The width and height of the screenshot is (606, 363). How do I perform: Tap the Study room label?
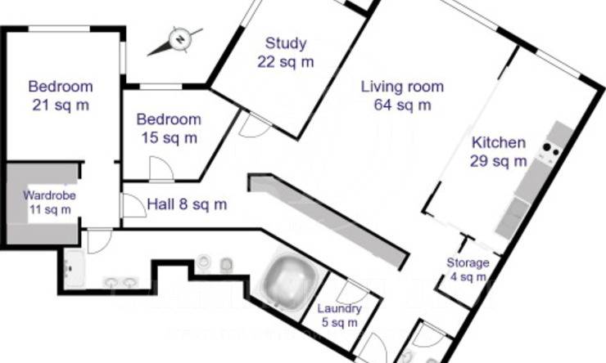pos(286,43)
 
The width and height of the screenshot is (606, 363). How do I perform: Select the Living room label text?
pos(402,87)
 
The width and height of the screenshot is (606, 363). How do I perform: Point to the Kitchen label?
pos(499,143)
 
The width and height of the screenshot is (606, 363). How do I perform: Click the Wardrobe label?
pos(49,195)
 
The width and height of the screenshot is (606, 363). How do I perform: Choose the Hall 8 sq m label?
pos(187,204)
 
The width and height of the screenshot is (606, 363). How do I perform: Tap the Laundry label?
pos(339,308)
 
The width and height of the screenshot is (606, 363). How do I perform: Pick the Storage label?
pos(468,262)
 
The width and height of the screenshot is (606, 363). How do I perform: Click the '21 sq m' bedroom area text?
pos(61,105)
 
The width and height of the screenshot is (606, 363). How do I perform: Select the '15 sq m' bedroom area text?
pos(169,137)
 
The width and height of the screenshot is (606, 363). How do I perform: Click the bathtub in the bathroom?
pos(289,280)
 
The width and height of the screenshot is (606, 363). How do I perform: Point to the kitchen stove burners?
pos(551,150)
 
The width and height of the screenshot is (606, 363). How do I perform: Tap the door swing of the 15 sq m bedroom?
pos(161,168)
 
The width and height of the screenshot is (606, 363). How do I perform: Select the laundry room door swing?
pos(351,292)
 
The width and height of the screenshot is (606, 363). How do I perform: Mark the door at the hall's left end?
pos(133,205)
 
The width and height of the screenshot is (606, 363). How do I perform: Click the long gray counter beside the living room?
pos(328,221)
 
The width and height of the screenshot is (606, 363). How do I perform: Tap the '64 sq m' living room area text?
pos(402,105)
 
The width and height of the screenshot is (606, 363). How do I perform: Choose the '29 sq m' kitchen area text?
pos(498,161)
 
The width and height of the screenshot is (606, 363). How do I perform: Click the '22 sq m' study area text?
pos(286,61)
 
